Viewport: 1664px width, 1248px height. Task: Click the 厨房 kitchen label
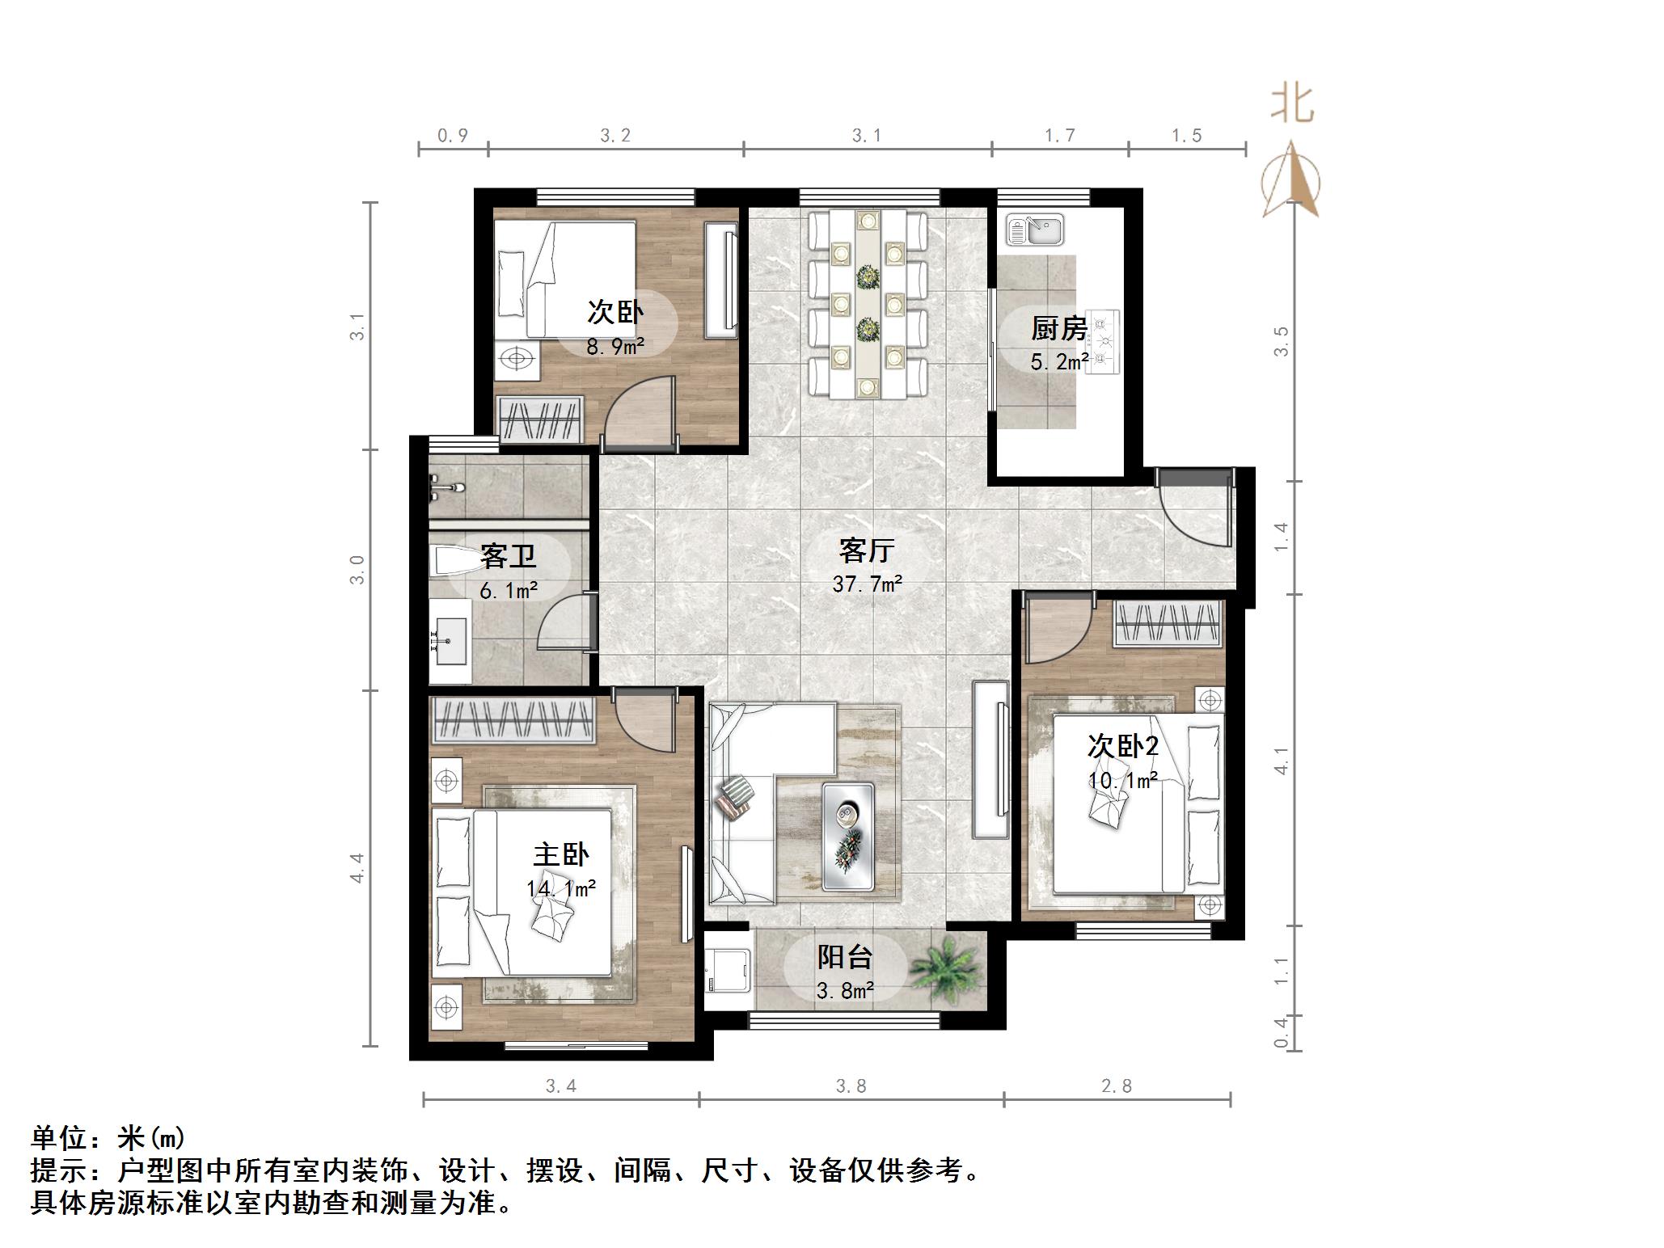tap(1058, 329)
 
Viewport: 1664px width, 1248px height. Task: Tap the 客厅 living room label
tap(866, 551)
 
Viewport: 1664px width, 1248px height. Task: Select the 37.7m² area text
tap(867, 584)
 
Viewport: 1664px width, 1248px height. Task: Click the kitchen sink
tap(1036, 229)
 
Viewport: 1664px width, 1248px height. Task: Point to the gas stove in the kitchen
tap(1103, 342)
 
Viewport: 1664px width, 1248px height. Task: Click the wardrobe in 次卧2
tap(1167, 624)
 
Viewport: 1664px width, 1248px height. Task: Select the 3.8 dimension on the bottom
tap(851, 1086)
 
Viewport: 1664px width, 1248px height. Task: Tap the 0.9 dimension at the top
tap(453, 136)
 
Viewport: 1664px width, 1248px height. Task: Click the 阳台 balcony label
tap(844, 957)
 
